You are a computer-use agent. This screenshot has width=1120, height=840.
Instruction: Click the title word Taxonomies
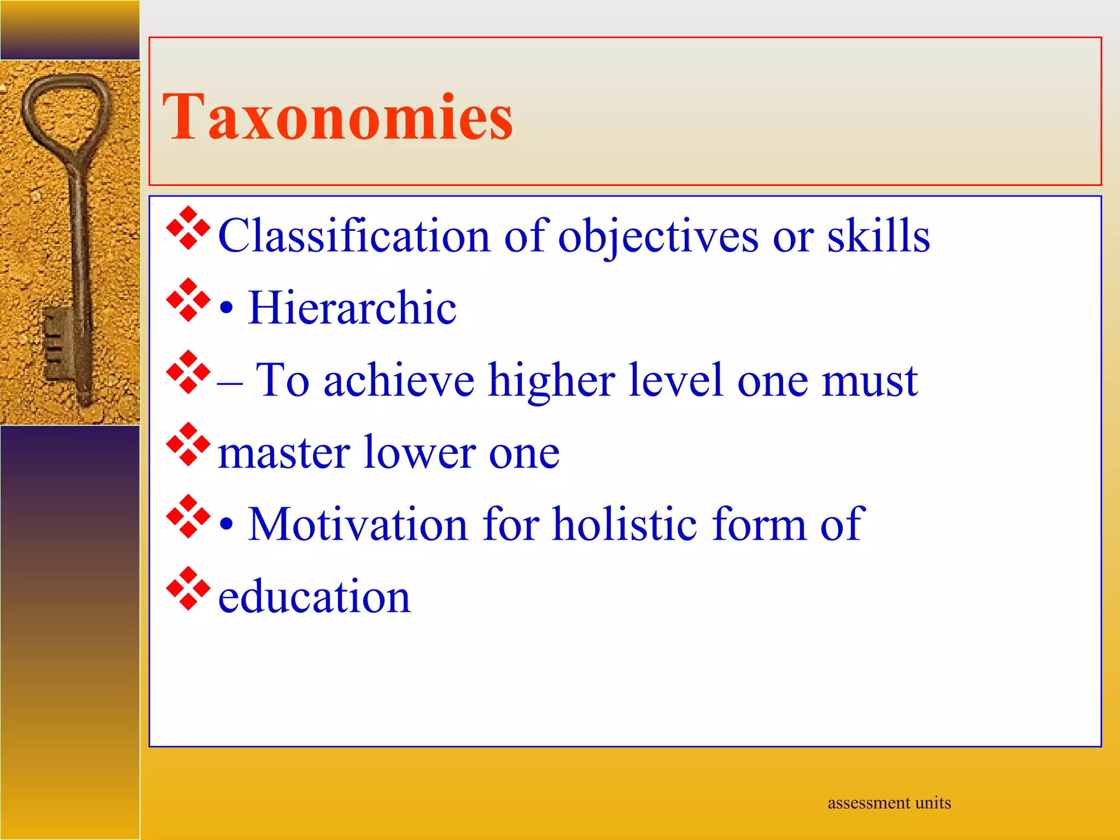coord(337,116)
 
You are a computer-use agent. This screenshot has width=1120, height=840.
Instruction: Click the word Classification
coord(354,236)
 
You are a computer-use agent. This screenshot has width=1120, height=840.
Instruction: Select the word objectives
coord(658,237)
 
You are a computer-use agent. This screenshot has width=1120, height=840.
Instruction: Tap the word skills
coord(878,236)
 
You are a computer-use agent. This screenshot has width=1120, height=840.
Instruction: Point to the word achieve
coord(399,380)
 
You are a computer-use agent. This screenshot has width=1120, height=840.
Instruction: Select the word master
coord(283,453)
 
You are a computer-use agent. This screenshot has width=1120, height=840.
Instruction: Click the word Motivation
coord(358,524)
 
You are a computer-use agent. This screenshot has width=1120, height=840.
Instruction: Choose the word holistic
coord(625,524)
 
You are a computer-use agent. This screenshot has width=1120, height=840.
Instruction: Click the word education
coord(314,597)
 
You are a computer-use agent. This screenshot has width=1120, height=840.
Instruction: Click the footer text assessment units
coord(889,803)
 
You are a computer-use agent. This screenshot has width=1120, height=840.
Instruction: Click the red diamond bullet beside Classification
coord(188,229)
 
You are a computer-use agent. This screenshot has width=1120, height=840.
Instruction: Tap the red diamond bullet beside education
coord(188,588)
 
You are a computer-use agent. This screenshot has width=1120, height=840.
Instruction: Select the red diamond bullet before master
coord(188,444)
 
